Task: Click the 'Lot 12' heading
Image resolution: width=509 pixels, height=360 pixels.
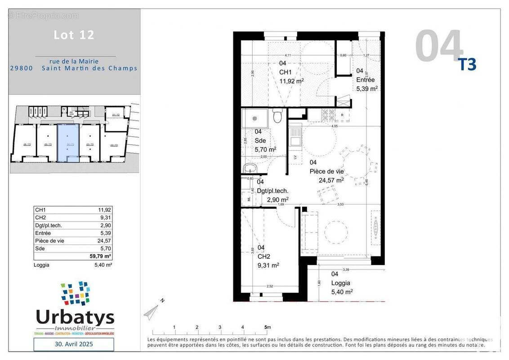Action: click(x=74, y=35)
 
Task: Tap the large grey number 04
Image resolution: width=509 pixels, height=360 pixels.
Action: click(x=438, y=46)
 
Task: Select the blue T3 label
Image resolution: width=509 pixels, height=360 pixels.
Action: click(x=467, y=65)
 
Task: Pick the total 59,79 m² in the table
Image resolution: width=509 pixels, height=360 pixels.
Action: click(x=101, y=256)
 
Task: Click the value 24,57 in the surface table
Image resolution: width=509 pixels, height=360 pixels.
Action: click(x=104, y=241)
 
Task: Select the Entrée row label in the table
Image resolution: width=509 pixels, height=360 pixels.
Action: click(x=43, y=233)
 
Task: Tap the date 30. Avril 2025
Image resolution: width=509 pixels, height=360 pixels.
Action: click(x=74, y=344)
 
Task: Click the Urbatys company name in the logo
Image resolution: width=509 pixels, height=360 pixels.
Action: click(x=75, y=317)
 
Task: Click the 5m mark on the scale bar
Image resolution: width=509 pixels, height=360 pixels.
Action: click(x=267, y=327)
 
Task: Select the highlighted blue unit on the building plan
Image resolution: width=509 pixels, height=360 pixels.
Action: click(x=68, y=143)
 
